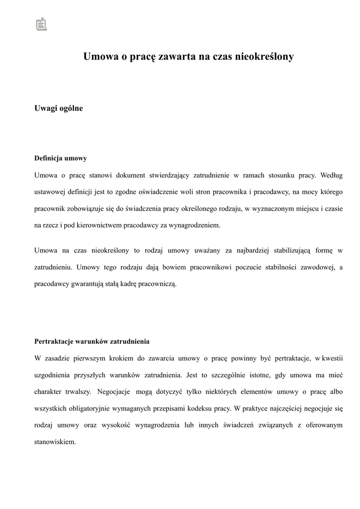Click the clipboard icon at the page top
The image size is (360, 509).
pyautogui.click(x=41, y=24)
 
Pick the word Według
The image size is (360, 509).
pyautogui.click(x=332, y=175)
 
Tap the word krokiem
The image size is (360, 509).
pyautogui.click(x=121, y=358)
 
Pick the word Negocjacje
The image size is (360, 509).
pyautogui.click(x=114, y=391)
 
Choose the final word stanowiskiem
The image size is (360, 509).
pyautogui.click(x=55, y=441)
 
